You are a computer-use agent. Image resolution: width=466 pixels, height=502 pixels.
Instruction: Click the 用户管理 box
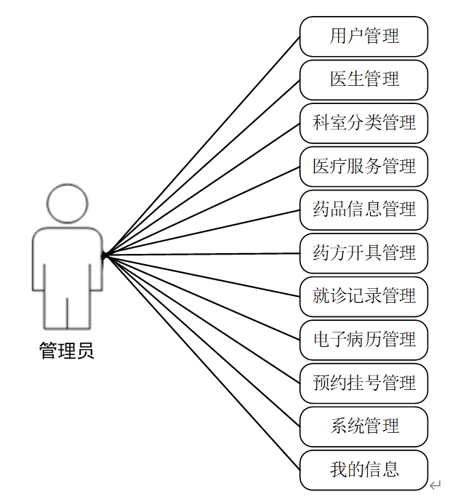363,36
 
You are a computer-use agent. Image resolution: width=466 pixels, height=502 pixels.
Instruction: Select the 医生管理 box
363,79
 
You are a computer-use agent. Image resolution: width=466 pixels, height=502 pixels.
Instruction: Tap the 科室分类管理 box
363,123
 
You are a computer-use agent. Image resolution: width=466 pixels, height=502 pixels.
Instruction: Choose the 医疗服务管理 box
363,167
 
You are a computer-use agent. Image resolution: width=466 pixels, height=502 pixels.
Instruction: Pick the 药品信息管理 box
363,210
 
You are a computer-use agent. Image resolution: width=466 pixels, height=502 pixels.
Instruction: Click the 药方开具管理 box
363,253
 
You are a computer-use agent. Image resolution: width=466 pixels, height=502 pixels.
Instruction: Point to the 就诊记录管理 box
363,296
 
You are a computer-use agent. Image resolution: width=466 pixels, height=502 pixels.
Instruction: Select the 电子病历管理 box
363,340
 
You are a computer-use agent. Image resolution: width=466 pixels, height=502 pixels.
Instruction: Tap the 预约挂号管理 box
363,383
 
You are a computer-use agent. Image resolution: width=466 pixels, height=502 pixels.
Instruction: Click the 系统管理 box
363,426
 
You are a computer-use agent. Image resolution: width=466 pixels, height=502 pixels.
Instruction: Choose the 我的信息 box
363,469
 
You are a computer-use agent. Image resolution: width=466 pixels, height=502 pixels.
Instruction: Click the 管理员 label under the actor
66,352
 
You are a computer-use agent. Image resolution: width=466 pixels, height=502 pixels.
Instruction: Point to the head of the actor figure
67,204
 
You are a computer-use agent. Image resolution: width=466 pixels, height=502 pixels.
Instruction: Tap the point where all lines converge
105,255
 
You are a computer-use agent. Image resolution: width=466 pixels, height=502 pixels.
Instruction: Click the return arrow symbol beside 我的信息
435,485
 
